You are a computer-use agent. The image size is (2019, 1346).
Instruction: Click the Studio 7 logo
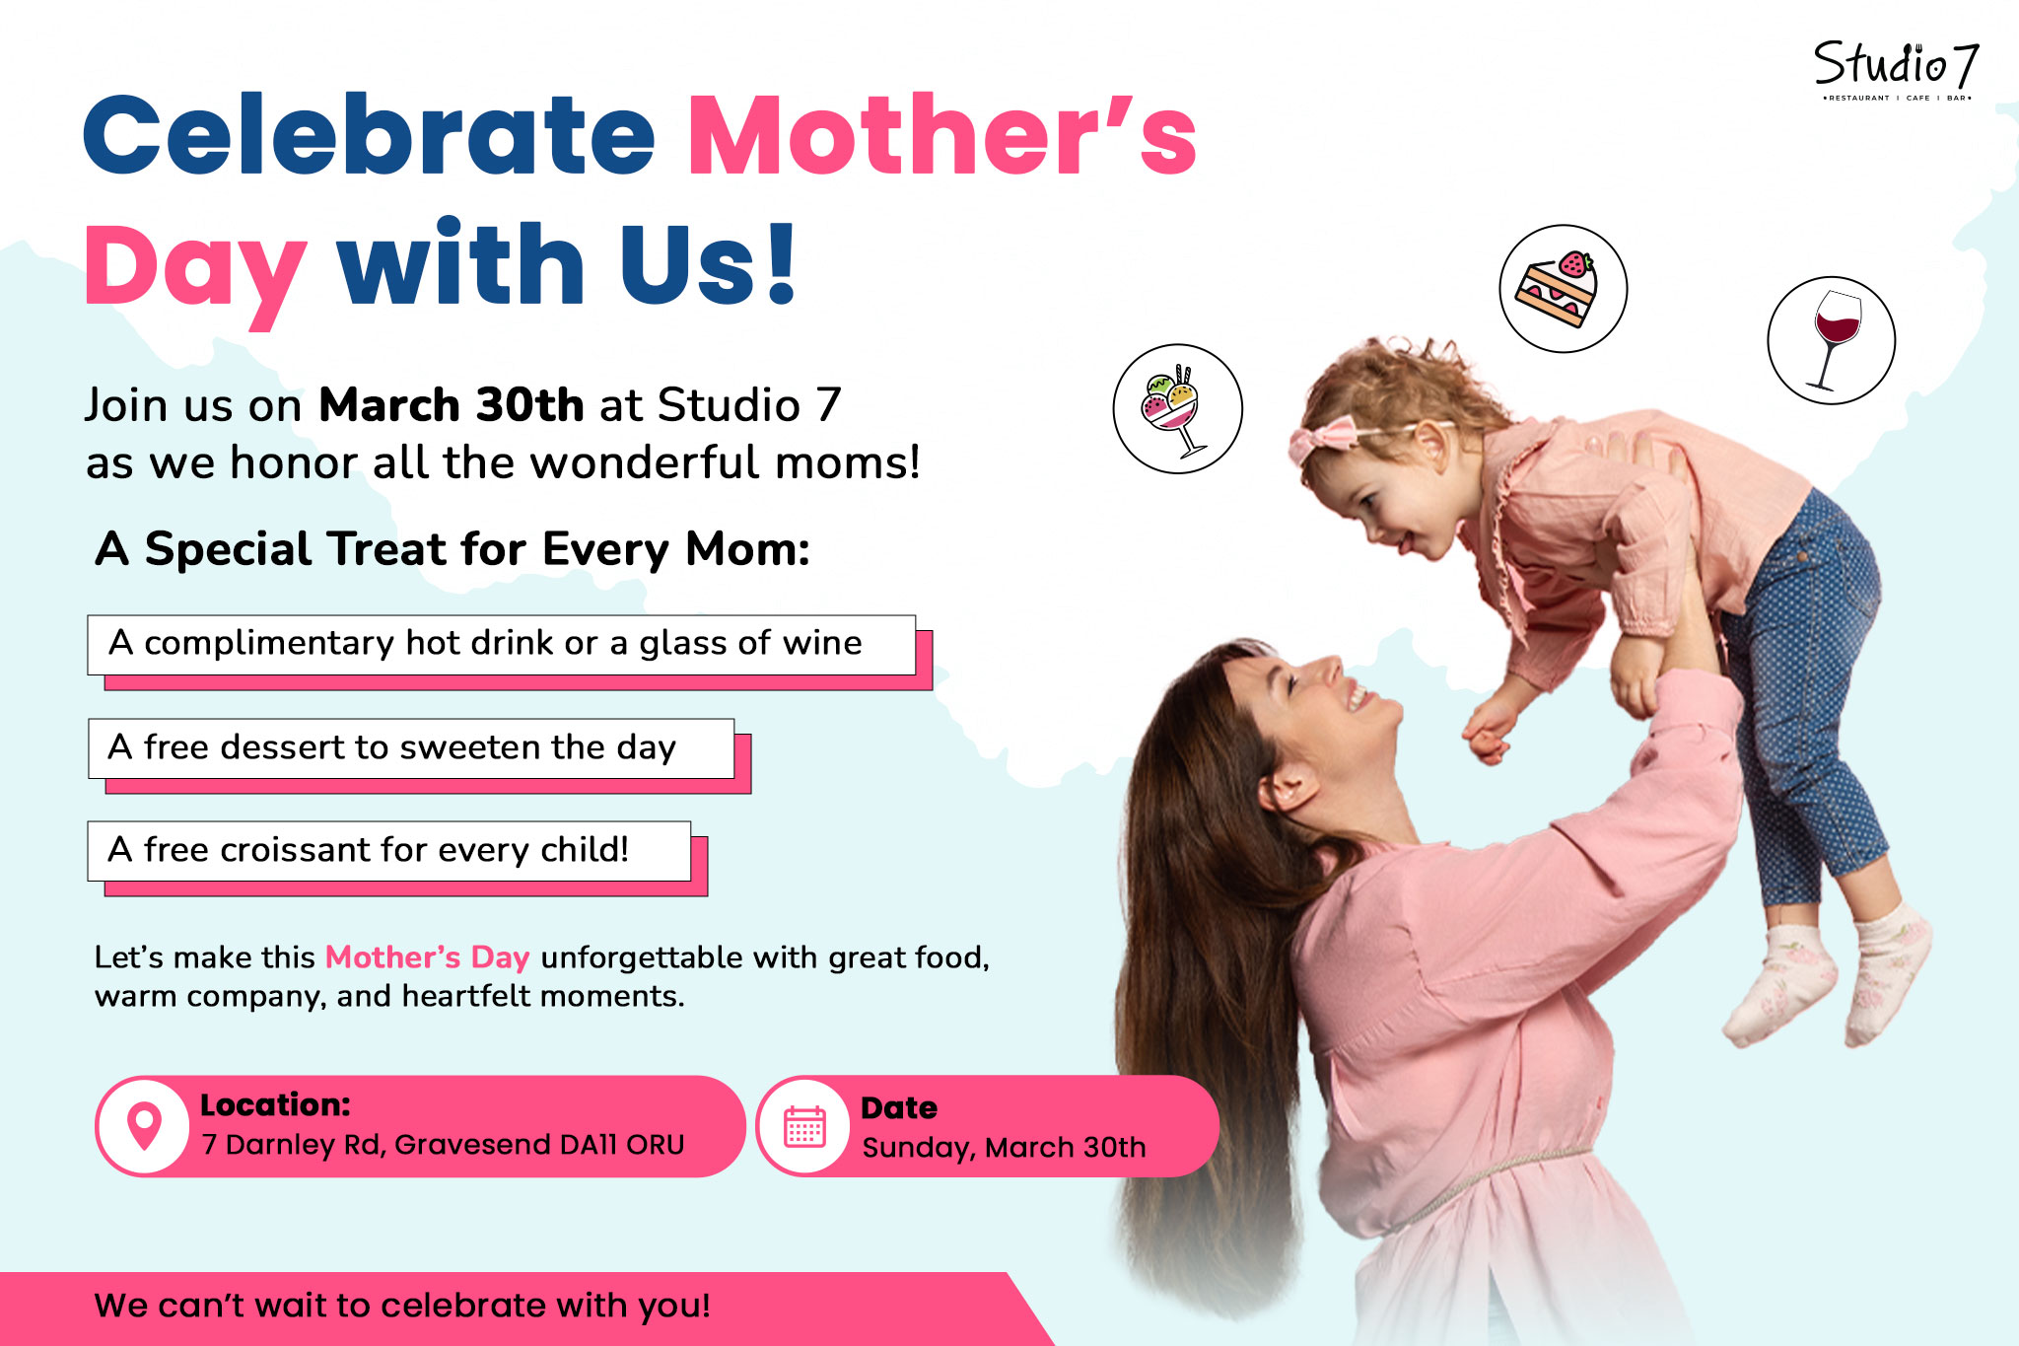pyautogui.click(x=1896, y=70)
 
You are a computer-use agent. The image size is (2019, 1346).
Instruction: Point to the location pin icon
pyautogui.click(x=144, y=1126)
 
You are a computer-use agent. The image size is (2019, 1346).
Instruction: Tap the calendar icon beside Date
pyautogui.click(x=804, y=1126)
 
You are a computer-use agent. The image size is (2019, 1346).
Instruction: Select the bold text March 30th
pyautogui.click(x=452, y=404)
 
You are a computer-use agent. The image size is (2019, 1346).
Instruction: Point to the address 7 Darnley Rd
pyautogui.click(x=443, y=1144)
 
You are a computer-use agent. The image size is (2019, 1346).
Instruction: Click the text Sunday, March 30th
pyautogui.click(x=1004, y=1148)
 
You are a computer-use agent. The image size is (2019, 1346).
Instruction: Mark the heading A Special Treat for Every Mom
pyautogui.click(x=453, y=549)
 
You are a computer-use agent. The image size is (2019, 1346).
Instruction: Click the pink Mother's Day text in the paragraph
pyautogui.click(x=428, y=957)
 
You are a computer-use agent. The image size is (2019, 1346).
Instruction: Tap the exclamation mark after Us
pyautogui.click(x=782, y=264)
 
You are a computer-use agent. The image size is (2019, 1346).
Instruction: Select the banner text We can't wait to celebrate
pyautogui.click(x=402, y=1306)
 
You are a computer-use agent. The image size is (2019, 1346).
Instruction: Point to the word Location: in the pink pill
pyautogui.click(x=275, y=1104)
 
